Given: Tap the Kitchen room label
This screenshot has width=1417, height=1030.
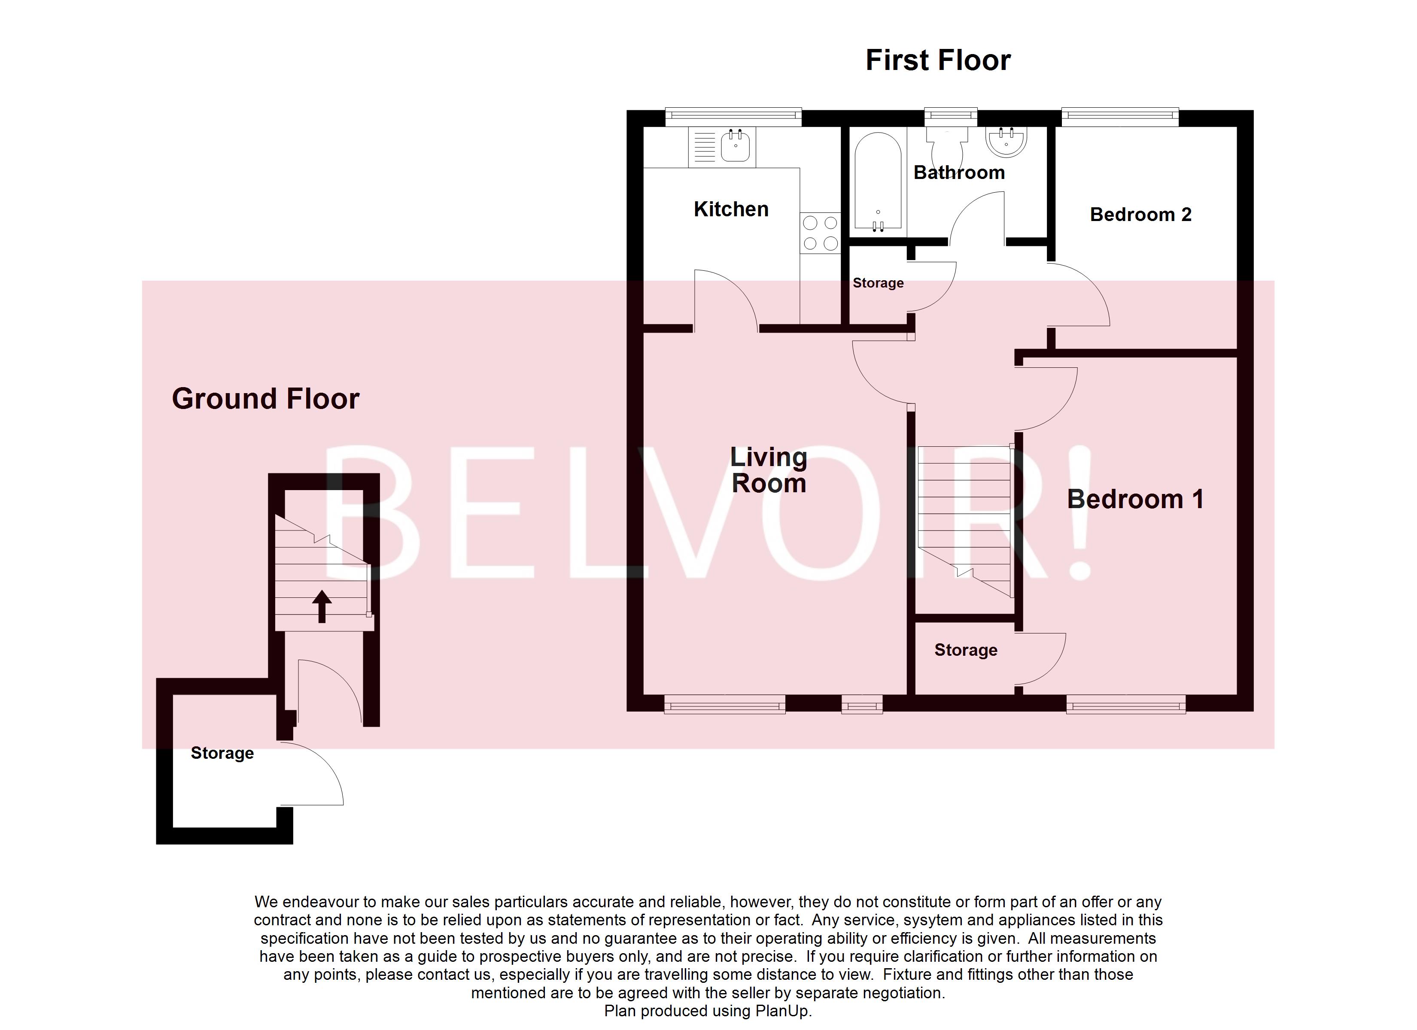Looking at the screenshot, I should point(730,209).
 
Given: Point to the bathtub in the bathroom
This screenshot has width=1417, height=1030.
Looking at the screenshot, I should point(877,181).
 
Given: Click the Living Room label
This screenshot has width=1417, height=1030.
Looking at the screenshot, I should point(769,470).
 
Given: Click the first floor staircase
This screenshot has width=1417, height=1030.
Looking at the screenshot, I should point(964,518).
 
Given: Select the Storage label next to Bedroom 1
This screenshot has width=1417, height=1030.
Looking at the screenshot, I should point(965,650).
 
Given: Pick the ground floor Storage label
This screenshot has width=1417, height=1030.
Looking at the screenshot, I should point(222,753).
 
